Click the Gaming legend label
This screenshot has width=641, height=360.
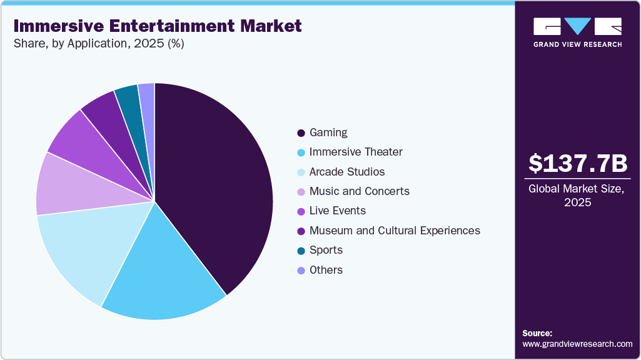click(328, 132)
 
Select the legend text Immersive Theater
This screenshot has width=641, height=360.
click(356, 152)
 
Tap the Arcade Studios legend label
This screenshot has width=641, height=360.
click(347, 171)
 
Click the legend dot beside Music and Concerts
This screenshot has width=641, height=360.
click(301, 191)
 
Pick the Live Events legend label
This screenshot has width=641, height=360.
click(338, 211)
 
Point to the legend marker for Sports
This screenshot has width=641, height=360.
click(301, 251)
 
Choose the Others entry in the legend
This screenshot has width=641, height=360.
click(326, 270)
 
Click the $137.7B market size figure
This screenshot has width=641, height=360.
click(577, 164)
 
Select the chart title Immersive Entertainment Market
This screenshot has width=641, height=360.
click(157, 26)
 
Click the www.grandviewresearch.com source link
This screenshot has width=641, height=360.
click(577, 344)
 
